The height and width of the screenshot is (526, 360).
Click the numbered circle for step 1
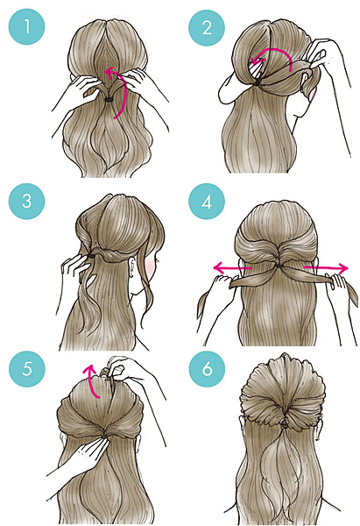pos(26,27)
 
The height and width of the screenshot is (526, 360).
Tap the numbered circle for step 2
pos(207,27)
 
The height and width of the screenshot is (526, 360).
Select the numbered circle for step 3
pos(26,202)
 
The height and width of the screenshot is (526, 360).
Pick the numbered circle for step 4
pos(207,202)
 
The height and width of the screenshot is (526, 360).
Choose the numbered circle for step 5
pos(26,369)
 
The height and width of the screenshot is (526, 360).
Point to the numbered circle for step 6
pos(207,369)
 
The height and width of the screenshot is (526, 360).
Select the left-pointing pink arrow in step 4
pos(232,268)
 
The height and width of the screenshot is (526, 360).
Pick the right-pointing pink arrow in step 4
pos(326,268)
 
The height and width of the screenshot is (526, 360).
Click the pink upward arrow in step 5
pos(93,379)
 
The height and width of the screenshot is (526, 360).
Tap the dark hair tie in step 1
pos(109,99)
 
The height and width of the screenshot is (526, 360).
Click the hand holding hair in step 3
pos(75,267)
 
